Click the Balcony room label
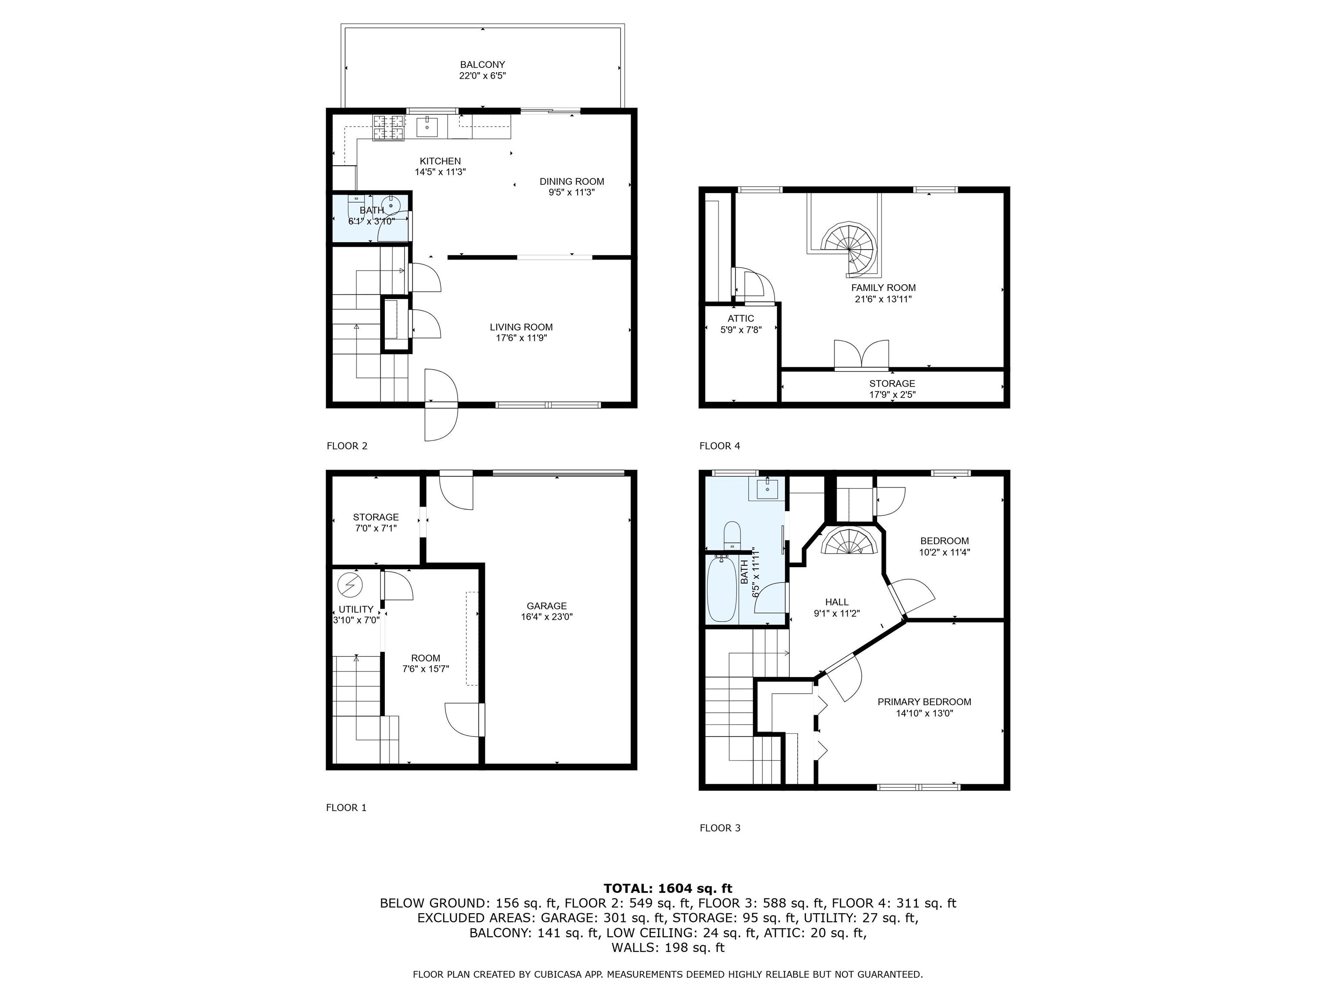pos(483,65)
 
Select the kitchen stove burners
pos(388,128)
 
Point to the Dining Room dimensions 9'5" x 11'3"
pos(572,193)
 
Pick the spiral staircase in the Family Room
pos(850,247)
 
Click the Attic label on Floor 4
pos(741,319)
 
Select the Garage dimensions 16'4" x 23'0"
pos(547,617)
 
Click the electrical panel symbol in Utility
pos(350,584)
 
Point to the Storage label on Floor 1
pos(376,517)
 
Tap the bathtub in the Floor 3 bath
pos(722,589)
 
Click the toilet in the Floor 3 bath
pos(731,534)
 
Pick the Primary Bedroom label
pos(924,702)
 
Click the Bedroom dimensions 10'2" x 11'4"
pos(945,552)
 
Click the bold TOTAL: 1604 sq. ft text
pos(668,888)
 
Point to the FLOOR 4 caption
pos(720,446)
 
